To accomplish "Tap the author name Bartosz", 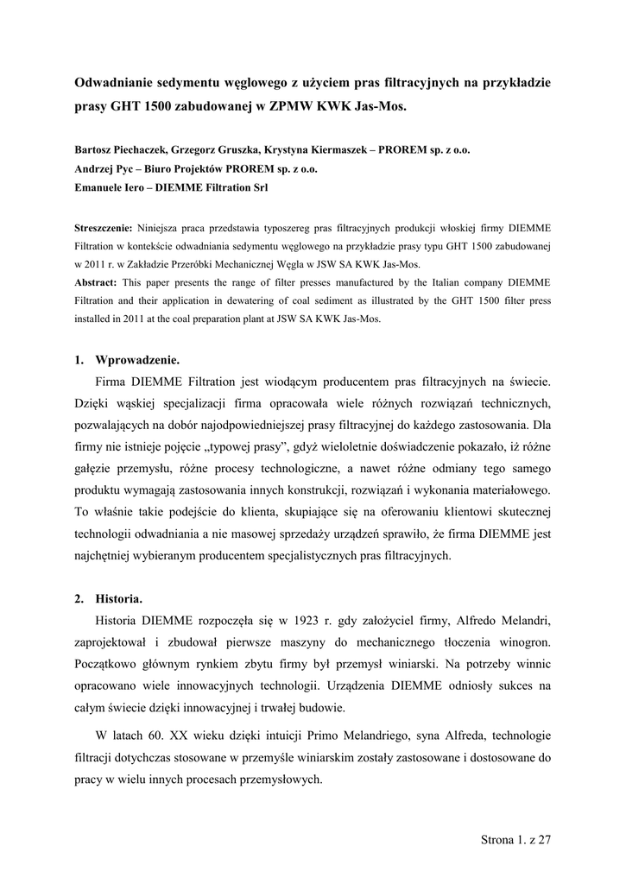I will [x=96, y=149].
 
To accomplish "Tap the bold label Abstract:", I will [x=97, y=282].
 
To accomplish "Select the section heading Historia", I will [x=119, y=598].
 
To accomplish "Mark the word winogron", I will [x=520, y=643].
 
